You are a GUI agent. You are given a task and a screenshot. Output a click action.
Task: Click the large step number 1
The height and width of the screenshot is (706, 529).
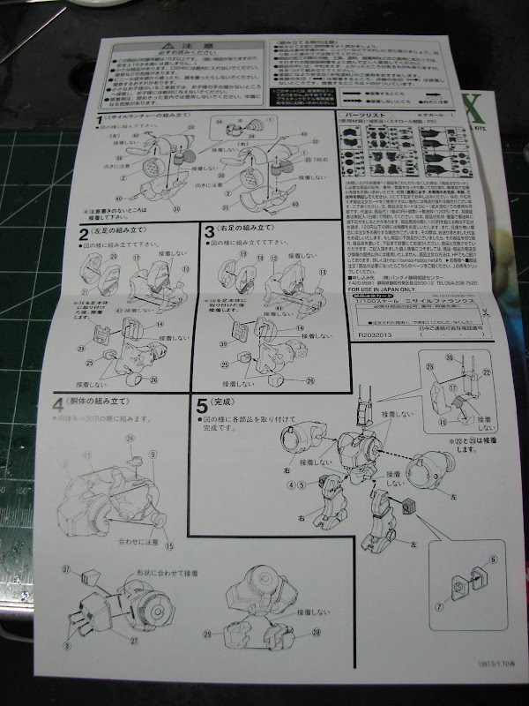pyautogui.click(x=100, y=121)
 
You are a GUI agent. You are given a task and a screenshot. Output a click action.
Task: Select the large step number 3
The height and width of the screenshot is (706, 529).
pyautogui.click(x=209, y=233)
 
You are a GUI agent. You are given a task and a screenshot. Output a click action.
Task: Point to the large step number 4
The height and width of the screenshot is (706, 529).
pyautogui.click(x=58, y=405)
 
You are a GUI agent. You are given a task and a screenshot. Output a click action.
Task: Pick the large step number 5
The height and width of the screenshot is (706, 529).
pyautogui.click(x=202, y=406)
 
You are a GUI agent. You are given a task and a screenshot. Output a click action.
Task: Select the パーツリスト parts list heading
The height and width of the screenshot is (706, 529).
pyautogui.click(x=361, y=115)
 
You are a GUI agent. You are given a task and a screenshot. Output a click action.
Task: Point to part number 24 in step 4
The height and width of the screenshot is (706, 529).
pyautogui.click(x=129, y=439)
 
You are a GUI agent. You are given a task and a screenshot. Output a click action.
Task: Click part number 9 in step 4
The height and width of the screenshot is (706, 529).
pyautogui.click(x=153, y=454)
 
